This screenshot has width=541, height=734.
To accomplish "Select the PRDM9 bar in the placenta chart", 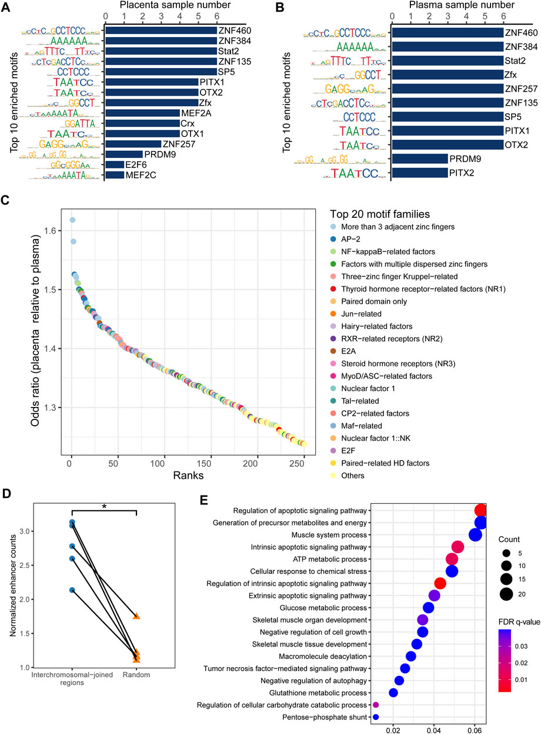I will pos(123,154).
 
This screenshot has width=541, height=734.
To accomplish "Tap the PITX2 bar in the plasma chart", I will pos(419,173).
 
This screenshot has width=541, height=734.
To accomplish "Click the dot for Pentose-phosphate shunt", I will pos(376,717).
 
